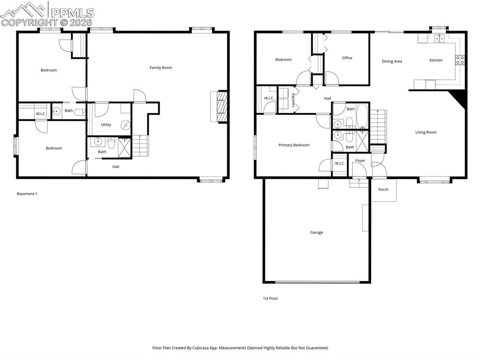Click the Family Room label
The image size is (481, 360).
tap(161, 68)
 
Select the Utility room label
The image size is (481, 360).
tap(106, 124)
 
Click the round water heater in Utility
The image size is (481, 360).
tap(125, 125)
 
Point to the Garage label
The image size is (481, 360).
tap(316, 232)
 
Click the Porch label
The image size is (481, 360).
tap(383, 190)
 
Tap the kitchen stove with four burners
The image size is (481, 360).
tap(460, 60)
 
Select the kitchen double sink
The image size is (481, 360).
tap(439, 39)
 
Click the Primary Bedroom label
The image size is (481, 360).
tap(294, 145)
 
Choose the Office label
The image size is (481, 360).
tap(347, 58)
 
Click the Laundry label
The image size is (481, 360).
tap(293, 100)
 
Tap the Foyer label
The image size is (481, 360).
tap(360, 161)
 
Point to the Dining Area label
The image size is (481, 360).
tap(392, 61)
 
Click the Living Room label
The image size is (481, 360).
tap(426, 132)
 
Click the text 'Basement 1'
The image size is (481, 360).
tap(27, 193)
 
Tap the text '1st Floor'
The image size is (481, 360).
tap(270, 298)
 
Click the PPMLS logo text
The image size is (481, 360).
tap(72, 13)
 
